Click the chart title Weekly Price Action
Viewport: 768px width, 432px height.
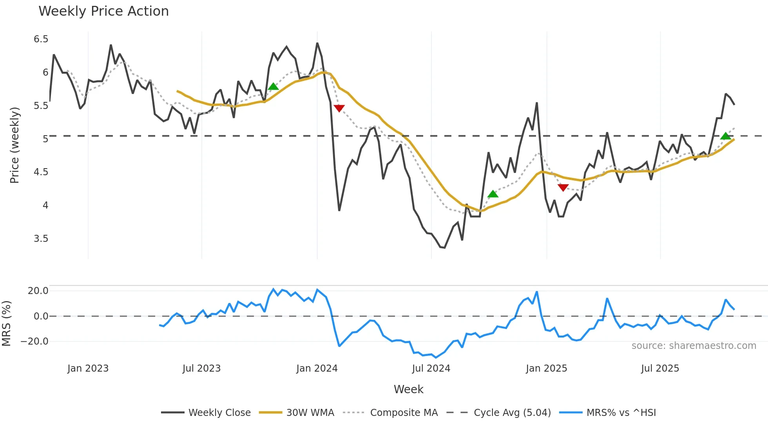103,11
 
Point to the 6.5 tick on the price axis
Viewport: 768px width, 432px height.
41,39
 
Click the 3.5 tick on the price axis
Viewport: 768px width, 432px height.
41,239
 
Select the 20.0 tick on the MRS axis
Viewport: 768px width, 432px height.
38,291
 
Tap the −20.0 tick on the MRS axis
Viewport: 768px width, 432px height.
34,341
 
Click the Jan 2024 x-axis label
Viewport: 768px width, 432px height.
317,368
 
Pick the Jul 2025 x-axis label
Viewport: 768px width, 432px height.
660,368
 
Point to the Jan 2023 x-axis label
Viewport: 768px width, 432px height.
88,368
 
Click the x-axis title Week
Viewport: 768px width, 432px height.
408,389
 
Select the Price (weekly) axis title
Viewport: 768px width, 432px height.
14,145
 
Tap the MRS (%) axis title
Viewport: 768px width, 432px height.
7,323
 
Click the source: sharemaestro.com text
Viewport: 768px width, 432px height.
694,346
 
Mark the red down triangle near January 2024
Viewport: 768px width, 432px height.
339,108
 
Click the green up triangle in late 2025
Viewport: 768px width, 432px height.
725,136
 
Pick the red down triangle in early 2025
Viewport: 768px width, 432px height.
563,187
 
